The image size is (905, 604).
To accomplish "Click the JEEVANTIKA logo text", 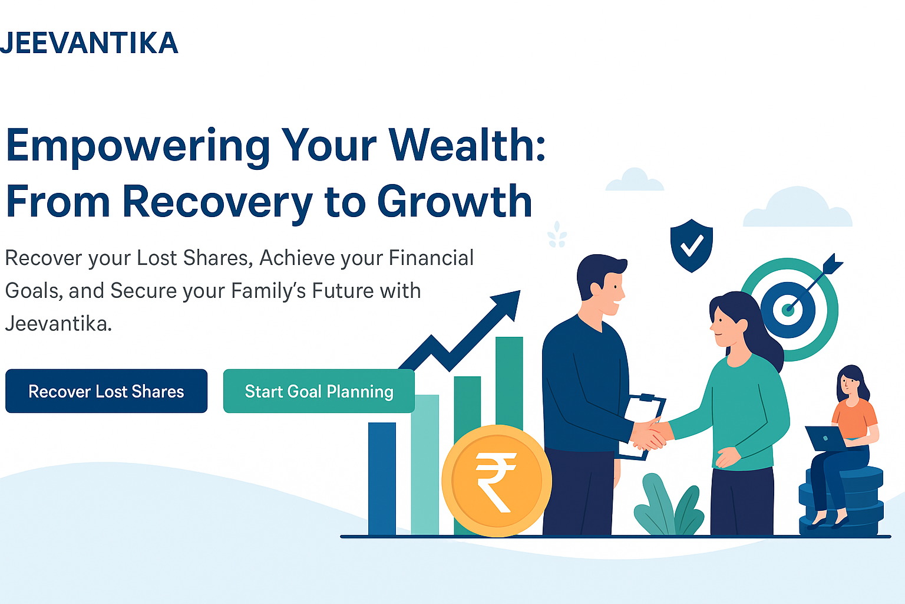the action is pyautogui.click(x=89, y=42).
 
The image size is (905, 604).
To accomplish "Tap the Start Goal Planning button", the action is pyautogui.click(x=319, y=391).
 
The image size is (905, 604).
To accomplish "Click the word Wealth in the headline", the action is pyautogui.click(x=467, y=145).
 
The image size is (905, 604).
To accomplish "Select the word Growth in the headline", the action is pyautogui.click(x=454, y=201).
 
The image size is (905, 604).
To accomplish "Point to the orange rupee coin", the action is pyautogui.click(x=497, y=481).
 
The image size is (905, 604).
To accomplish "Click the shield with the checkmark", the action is pyautogui.click(x=691, y=245).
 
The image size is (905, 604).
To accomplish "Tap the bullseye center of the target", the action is pyautogui.click(x=787, y=310).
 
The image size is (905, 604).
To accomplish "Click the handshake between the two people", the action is pyautogui.click(x=649, y=435).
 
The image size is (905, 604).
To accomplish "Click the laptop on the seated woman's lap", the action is pyautogui.click(x=826, y=438).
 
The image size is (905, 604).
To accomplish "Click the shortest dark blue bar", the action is pyautogui.click(x=382, y=478).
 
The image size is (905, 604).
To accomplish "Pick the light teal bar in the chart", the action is pyautogui.click(x=425, y=465).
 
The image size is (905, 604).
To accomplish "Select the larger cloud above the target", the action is pyautogui.click(x=798, y=206).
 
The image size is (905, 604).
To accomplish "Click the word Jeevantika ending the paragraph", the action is pyautogui.click(x=58, y=324).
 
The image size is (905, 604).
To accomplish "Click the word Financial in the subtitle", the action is pyautogui.click(x=431, y=258).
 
